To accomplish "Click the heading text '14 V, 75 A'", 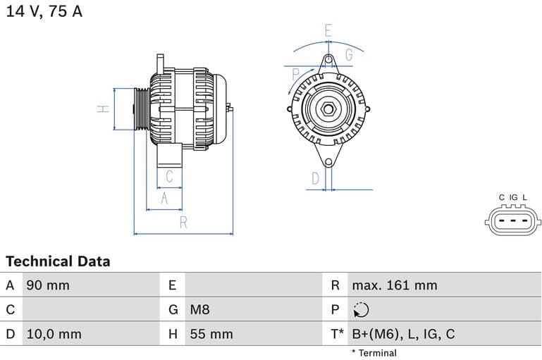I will pos(44,12).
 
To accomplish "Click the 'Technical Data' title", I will pos(58,261).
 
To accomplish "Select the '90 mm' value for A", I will pos(48,285).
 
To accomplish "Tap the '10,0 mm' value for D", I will pos(54,334).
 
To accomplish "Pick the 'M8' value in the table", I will pos(199,309).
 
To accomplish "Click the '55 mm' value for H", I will pos(211,334).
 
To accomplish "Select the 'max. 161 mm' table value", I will pos(395,285).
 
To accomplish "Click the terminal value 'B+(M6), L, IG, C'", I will pos(403,334).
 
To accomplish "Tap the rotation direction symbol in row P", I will pos(360,310).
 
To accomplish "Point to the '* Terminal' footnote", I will pos(374,353).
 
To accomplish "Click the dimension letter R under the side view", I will pos(183,223).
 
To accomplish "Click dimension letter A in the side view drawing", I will pos(164,199).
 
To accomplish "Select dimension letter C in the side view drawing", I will pos(169,176).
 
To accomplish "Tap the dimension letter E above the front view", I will pos(328,30).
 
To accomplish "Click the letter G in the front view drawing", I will pos(349,54).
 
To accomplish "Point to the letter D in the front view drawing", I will pos(315,179).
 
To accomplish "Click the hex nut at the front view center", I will pos(328,109).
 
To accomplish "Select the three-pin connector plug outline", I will pos(512,221).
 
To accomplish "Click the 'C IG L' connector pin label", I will pos(512,197).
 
